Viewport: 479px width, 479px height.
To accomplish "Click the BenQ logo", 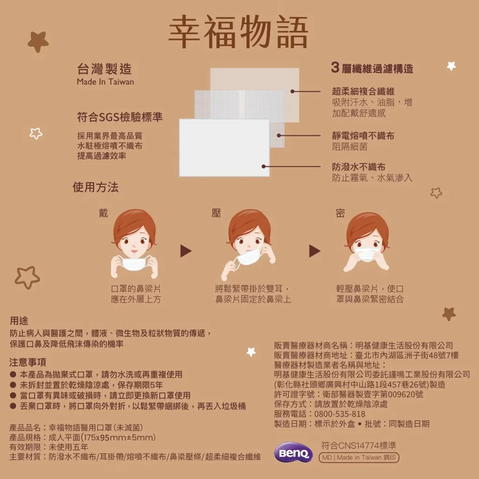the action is point(293,452).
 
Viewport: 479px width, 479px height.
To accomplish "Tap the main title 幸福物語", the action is point(238,31).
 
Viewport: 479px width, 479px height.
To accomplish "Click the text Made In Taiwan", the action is point(105,81).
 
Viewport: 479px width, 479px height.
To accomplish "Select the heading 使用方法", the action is point(95,187).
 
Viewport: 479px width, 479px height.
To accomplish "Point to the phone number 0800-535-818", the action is point(340,414).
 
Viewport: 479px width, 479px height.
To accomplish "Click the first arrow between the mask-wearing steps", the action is point(186,251).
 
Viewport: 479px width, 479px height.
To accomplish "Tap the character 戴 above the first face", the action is point(103,213).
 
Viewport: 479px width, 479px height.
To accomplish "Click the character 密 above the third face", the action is point(340,213).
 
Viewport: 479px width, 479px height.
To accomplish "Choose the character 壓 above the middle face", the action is point(216,213).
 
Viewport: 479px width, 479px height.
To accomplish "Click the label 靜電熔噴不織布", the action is point(363,136).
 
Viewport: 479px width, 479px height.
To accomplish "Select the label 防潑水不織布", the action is point(359,167).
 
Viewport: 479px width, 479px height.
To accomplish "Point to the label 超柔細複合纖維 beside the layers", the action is point(363,91).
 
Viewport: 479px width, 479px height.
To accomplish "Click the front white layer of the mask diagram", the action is point(224,147).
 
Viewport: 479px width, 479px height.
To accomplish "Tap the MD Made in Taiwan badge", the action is point(359,457).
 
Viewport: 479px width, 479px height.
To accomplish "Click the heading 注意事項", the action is point(28,362).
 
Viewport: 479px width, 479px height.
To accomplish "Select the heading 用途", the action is point(19,320).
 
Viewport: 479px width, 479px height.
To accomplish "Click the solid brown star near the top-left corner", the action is point(38,42).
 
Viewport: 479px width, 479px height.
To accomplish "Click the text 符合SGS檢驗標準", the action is point(120,116).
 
